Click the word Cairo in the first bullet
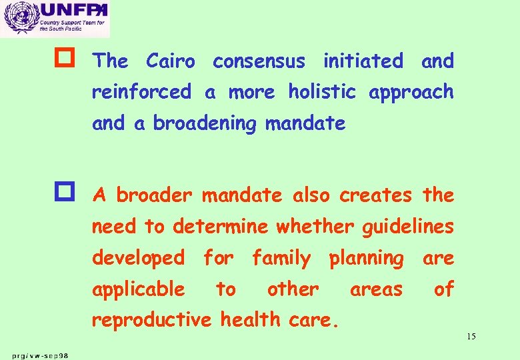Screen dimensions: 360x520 [x=171, y=61]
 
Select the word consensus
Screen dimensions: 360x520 [x=259, y=61]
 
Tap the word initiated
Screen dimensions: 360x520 [x=363, y=61]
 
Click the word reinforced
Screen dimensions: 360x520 [x=141, y=92]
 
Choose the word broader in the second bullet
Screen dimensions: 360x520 [x=154, y=195]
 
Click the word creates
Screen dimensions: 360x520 [x=375, y=195]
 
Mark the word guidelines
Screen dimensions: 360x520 [x=407, y=227]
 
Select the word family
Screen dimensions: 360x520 [x=281, y=258]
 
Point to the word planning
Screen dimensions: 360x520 [x=366, y=259]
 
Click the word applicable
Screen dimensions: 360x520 [x=139, y=290]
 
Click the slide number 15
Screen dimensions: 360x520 [x=471, y=337]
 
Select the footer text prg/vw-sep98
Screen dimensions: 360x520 [x=38, y=354]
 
